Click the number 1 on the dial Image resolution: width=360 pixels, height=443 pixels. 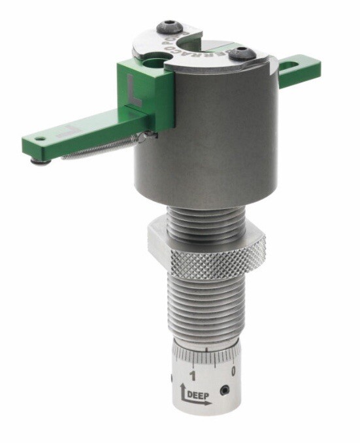click(x=191, y=375)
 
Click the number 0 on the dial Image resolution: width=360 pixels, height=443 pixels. click(x=234, y=370)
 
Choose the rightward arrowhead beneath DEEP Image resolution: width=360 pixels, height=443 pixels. click(x=208, y=404)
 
